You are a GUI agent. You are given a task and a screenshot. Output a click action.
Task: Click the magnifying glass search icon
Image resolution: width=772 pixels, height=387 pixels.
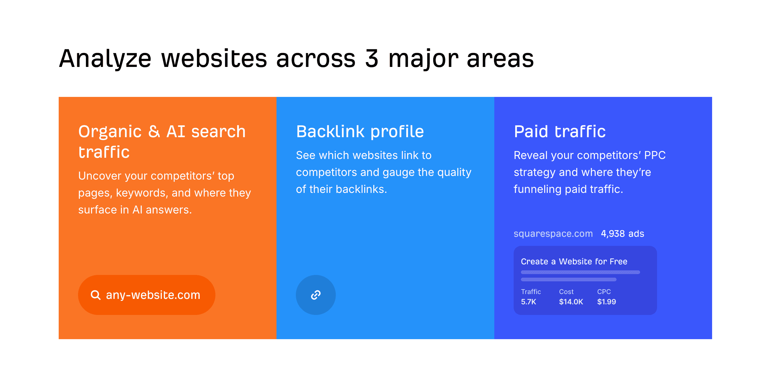(96, 295)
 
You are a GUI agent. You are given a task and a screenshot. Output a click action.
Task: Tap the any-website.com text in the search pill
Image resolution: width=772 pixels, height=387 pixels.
(153, 295)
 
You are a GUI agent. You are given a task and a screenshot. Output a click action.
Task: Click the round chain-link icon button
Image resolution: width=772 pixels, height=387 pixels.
(316, 295)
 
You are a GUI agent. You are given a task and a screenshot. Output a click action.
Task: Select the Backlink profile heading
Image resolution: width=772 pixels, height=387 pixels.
(360, 132)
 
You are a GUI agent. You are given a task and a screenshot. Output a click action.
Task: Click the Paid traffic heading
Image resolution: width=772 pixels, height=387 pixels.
(560, 132)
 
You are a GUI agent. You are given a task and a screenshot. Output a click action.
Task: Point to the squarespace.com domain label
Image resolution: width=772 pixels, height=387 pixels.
(553, 234)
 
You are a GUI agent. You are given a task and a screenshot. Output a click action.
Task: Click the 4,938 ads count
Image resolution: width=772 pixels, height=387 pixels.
(622, 234)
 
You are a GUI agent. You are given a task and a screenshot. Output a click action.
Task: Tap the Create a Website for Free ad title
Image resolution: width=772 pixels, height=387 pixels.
(574, 262)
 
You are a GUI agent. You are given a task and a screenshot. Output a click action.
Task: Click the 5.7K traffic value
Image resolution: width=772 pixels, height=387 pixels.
(528, 302)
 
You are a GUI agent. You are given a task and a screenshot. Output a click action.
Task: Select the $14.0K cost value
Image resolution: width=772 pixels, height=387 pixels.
(571, 302)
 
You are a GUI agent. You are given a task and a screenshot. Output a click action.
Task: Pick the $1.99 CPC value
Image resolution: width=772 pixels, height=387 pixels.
(606, 302)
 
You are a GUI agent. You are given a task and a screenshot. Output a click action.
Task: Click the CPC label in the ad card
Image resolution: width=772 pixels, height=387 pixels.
(604, 292)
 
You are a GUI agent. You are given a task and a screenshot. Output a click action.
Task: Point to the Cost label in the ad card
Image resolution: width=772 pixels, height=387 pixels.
(566, 292)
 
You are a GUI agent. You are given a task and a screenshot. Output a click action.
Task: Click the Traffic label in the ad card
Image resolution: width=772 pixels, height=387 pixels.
(531, 292)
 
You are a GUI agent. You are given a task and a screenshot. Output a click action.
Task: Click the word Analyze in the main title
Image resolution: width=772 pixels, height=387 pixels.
(105, 59)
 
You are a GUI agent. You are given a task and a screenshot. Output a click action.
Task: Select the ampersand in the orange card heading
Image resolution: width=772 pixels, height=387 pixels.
(154, 132)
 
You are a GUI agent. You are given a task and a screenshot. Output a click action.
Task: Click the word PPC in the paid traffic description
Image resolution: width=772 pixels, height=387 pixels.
(655, 155)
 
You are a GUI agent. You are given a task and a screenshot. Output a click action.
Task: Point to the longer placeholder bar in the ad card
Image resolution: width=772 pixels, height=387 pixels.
(580, 272)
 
